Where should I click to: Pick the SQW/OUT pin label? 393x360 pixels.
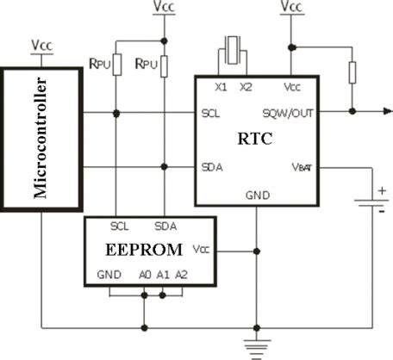pyautogui.click(x=288, y=113)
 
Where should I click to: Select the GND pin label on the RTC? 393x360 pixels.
pyautogui.click(x=258, y=196)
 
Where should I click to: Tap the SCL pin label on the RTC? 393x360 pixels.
pyautogui.click(x=210, y=113)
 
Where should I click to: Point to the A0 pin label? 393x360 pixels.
pyautogui.click(x=144, y=275)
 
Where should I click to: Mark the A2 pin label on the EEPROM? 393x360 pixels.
pyautogui.click(x=180, y=275)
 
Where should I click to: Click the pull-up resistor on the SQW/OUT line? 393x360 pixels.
pyautogui.click(x=351, y=72)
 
